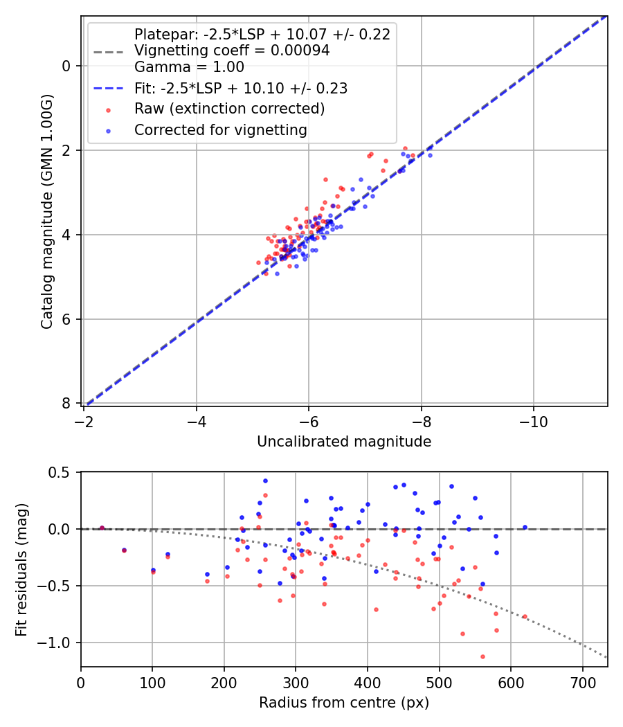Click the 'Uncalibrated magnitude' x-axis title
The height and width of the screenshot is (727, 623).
(344, 442)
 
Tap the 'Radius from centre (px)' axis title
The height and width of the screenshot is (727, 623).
(344, 703)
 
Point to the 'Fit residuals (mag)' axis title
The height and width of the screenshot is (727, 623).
(21, 569)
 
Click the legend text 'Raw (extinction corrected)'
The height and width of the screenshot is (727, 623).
(229, 109)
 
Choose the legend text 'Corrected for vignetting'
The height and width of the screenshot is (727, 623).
(221, 129)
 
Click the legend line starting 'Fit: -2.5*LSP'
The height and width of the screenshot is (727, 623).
(241, 88)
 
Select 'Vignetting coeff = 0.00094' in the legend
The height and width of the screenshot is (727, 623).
(232, 51)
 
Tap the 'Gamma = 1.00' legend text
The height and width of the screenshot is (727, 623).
(189, 67)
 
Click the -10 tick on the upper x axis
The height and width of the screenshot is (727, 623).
(533, 421)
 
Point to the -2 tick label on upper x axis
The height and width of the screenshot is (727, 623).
(84, 421)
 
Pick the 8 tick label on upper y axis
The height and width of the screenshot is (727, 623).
(66, 404)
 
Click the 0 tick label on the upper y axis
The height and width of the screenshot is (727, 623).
(66, 66)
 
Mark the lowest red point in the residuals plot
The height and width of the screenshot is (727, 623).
(482, 656)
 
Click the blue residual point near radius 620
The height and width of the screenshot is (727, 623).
(525, 527)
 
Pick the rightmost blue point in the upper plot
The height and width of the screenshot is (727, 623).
(430, 155)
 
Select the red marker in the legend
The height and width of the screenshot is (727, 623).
(109, 109)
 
